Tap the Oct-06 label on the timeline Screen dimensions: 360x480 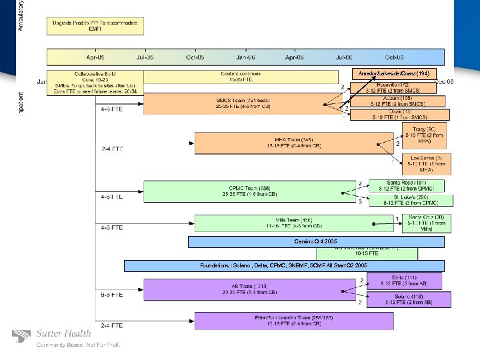[x=394, y=58]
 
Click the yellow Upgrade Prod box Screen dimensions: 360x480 [x=95, y=26]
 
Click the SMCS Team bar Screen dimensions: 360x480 [x=233, y=103]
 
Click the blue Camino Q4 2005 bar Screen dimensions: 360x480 [x=316, y=241]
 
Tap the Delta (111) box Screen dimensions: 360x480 [x=405, y=281]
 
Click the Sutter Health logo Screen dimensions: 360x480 [x=53, y=337]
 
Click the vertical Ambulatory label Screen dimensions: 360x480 [x=21, y=15]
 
